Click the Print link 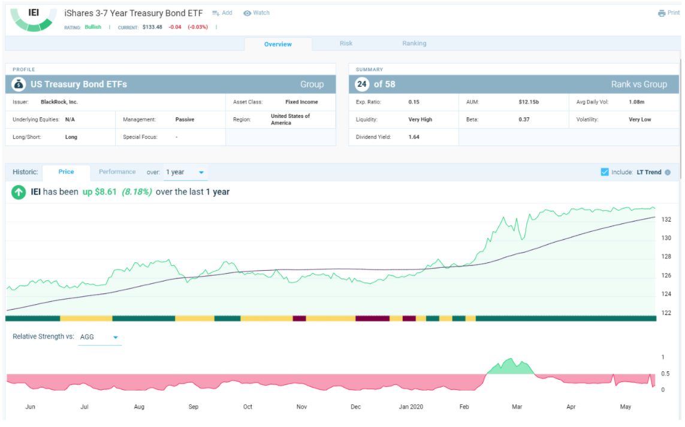(x=669, y=13)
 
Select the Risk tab (x=346, y=43)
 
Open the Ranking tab (x=414, y=43)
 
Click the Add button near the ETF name (x=222, y=13)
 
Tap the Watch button (x=257, y=13)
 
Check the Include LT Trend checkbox (x=605, y=172)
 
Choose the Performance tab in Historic (x=117, y=172)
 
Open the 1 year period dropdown (x=185, y=172)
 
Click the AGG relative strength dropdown (x=99, y=337)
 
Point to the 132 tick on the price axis (x=666, y=220)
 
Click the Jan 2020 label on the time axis (x=411, y=407)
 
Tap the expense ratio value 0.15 (x=414, y=102)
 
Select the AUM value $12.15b (x=529, y=102)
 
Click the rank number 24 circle (x=362, y=84)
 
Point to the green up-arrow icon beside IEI (x=19, y=192)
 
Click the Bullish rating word (x=93, y=27)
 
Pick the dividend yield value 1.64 (x=414, y=137)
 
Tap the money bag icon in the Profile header (x=19, y=84)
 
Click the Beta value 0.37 (x=524, y=120)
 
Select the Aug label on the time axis (x=139, y=407)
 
